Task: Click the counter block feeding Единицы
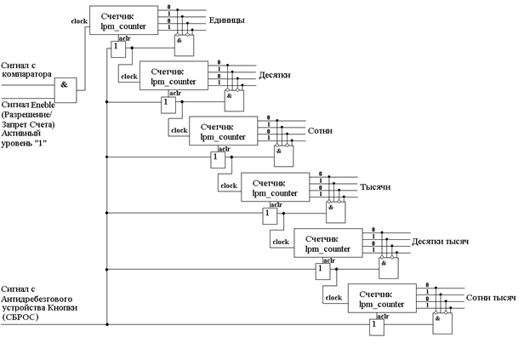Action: (x=123, y=20)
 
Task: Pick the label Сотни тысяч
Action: (x=492, y=298)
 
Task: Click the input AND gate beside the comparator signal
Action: (x=66, y=88)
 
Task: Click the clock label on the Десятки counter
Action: (x=129, y=77)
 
